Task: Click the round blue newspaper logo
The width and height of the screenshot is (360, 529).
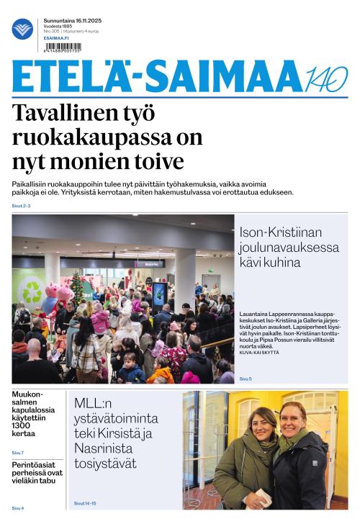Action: click(x=22, y=29)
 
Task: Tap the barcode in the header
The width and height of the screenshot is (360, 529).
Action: click(x=63, y=46)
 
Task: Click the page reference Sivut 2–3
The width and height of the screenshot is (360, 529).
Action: click(x=21, y=206)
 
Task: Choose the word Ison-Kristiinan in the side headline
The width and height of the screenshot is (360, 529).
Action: click(x=280, y=232)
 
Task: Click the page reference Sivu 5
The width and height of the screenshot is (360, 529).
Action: click(x=246, y=379)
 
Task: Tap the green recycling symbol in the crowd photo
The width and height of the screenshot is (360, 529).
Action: click(x=32, y=292)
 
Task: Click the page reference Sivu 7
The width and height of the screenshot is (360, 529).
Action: click(x=17, y=452)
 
